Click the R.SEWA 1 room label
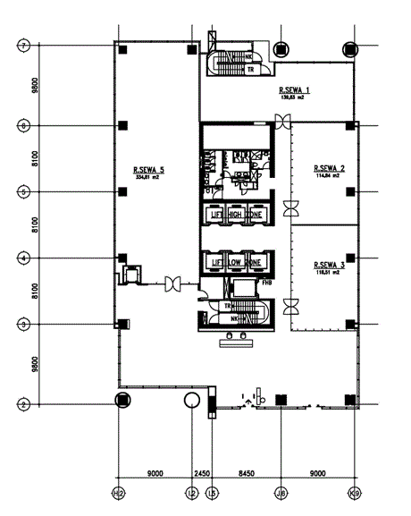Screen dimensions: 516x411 (294, 90)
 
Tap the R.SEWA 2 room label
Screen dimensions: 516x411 (330, 168)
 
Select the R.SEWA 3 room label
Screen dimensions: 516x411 (330, 265)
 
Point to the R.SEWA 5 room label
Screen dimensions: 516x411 (149, 169)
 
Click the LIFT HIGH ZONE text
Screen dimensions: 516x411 (236, 215)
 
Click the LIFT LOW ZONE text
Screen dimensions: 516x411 (236, 262)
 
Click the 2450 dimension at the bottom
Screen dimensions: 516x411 (202, 475)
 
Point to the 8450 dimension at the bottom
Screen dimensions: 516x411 (247, 475)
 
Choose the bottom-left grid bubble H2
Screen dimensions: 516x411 (118, 493)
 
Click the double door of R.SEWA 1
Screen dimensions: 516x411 (283, 127)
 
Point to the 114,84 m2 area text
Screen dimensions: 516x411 (330, 176)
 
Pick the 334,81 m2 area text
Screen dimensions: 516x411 (147, 177)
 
